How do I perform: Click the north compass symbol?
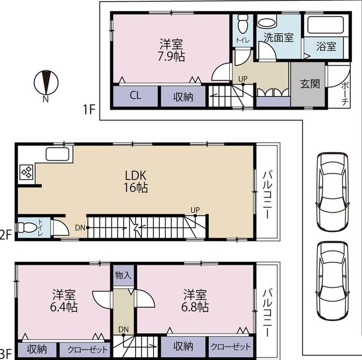pos(46,83)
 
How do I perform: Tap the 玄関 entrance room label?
pos(310,84)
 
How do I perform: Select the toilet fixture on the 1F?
pos(243,24)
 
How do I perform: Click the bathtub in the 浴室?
pos(326,25)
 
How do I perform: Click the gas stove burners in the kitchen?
pos(26,172)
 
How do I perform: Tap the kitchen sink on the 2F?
pos(58,154)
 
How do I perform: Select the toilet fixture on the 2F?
pos(26,227)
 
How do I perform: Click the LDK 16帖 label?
pos(136,181)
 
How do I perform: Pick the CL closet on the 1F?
pos(135,95)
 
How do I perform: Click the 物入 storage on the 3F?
pos(123,275)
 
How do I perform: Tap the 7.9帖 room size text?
pos(171,56)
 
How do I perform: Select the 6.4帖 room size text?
pos(64,307)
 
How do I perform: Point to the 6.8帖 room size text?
pos(195,307)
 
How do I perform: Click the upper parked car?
pos(333,192)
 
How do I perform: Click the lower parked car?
pos(333,281)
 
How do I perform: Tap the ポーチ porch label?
pos(345,93)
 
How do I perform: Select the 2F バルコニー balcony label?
pos(267,194)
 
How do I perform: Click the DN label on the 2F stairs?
pos(80,228)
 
